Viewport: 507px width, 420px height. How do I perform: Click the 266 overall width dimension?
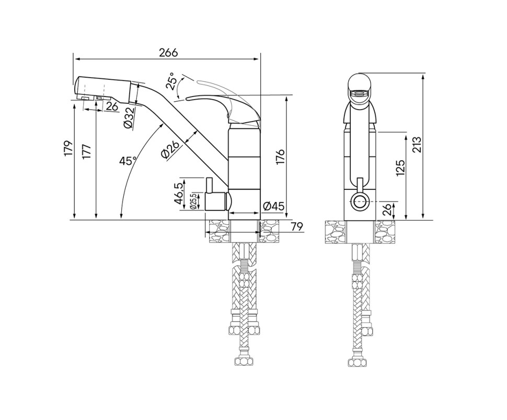[168, 52]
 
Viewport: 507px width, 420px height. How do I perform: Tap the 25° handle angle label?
[171, 81]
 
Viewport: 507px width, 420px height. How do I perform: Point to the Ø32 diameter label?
[129, 118]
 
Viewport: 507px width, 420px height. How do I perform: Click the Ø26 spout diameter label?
[169, 150]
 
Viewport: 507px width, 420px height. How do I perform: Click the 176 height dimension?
[280, 157]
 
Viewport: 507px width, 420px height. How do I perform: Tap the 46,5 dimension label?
[178, 194]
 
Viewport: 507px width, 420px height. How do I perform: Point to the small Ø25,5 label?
[193, 202]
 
